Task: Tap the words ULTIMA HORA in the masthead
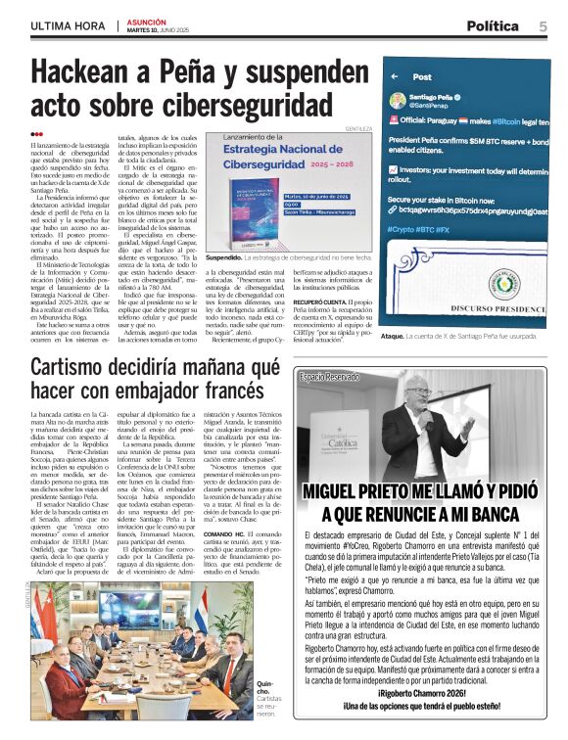[x=66, y=26]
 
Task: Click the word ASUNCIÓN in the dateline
[x=147, y=20]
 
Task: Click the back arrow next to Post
[x=393, y=76]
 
